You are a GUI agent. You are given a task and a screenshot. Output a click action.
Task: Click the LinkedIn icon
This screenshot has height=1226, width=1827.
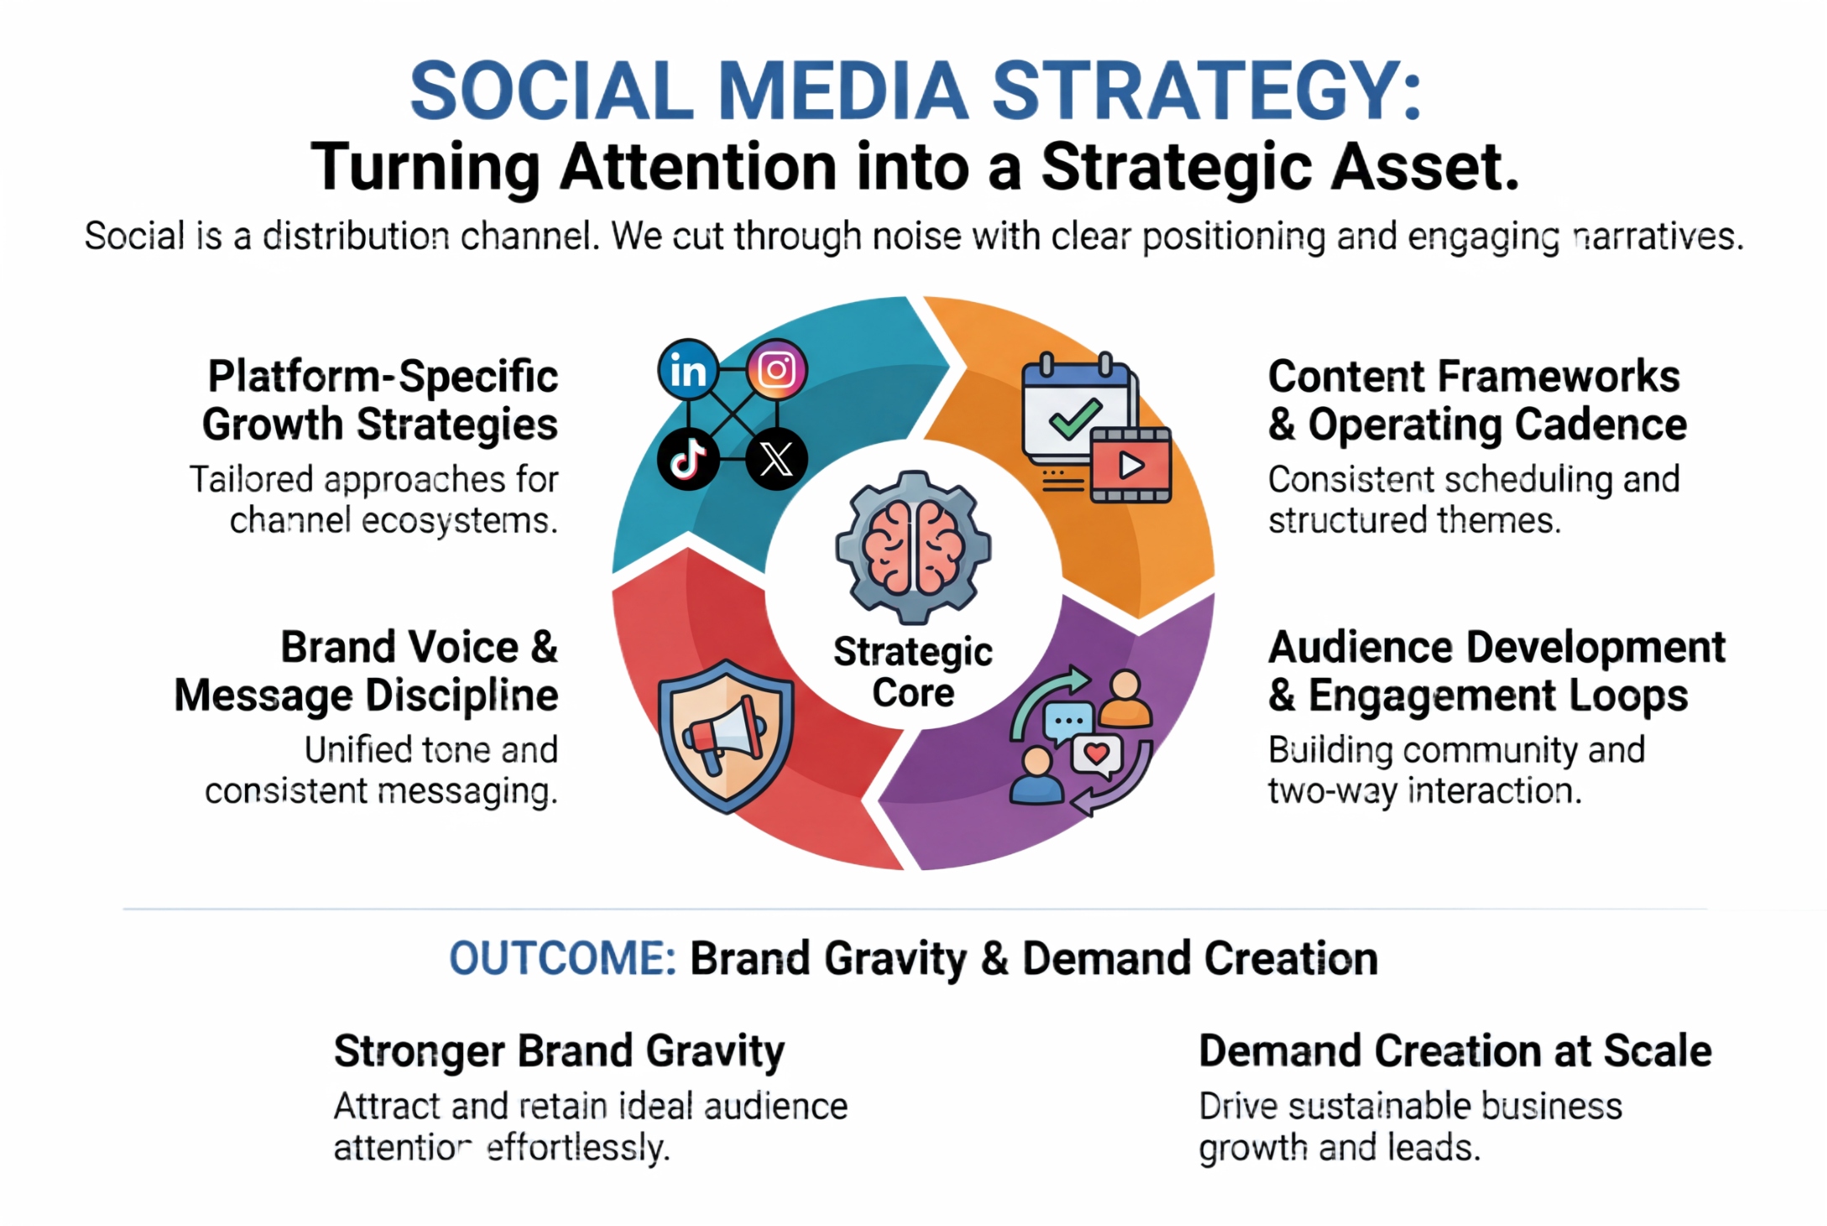click(x=688, y=370)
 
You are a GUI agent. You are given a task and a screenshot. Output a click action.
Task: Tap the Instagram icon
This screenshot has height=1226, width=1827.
click(x=777, y=369)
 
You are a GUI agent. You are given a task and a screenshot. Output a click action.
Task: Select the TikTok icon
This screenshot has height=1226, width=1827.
click(x=688, y=459)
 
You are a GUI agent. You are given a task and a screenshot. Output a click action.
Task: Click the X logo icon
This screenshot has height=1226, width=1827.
click(x=776, y=459)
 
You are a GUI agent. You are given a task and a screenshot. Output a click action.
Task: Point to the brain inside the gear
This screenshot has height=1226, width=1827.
click(x=913, y=547)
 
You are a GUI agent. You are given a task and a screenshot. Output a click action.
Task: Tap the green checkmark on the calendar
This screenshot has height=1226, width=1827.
click(x=1075, y=418)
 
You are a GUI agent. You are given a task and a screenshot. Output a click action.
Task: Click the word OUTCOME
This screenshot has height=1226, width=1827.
click(x=562, y=958)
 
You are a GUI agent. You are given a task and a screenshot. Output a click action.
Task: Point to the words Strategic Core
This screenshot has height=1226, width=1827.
click(x=913, y=672)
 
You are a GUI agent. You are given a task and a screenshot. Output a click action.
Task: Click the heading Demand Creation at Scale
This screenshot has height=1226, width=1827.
click(x=1455, y=1051)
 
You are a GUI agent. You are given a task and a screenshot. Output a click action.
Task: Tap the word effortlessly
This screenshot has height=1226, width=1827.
click(x=578, y=1148)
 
